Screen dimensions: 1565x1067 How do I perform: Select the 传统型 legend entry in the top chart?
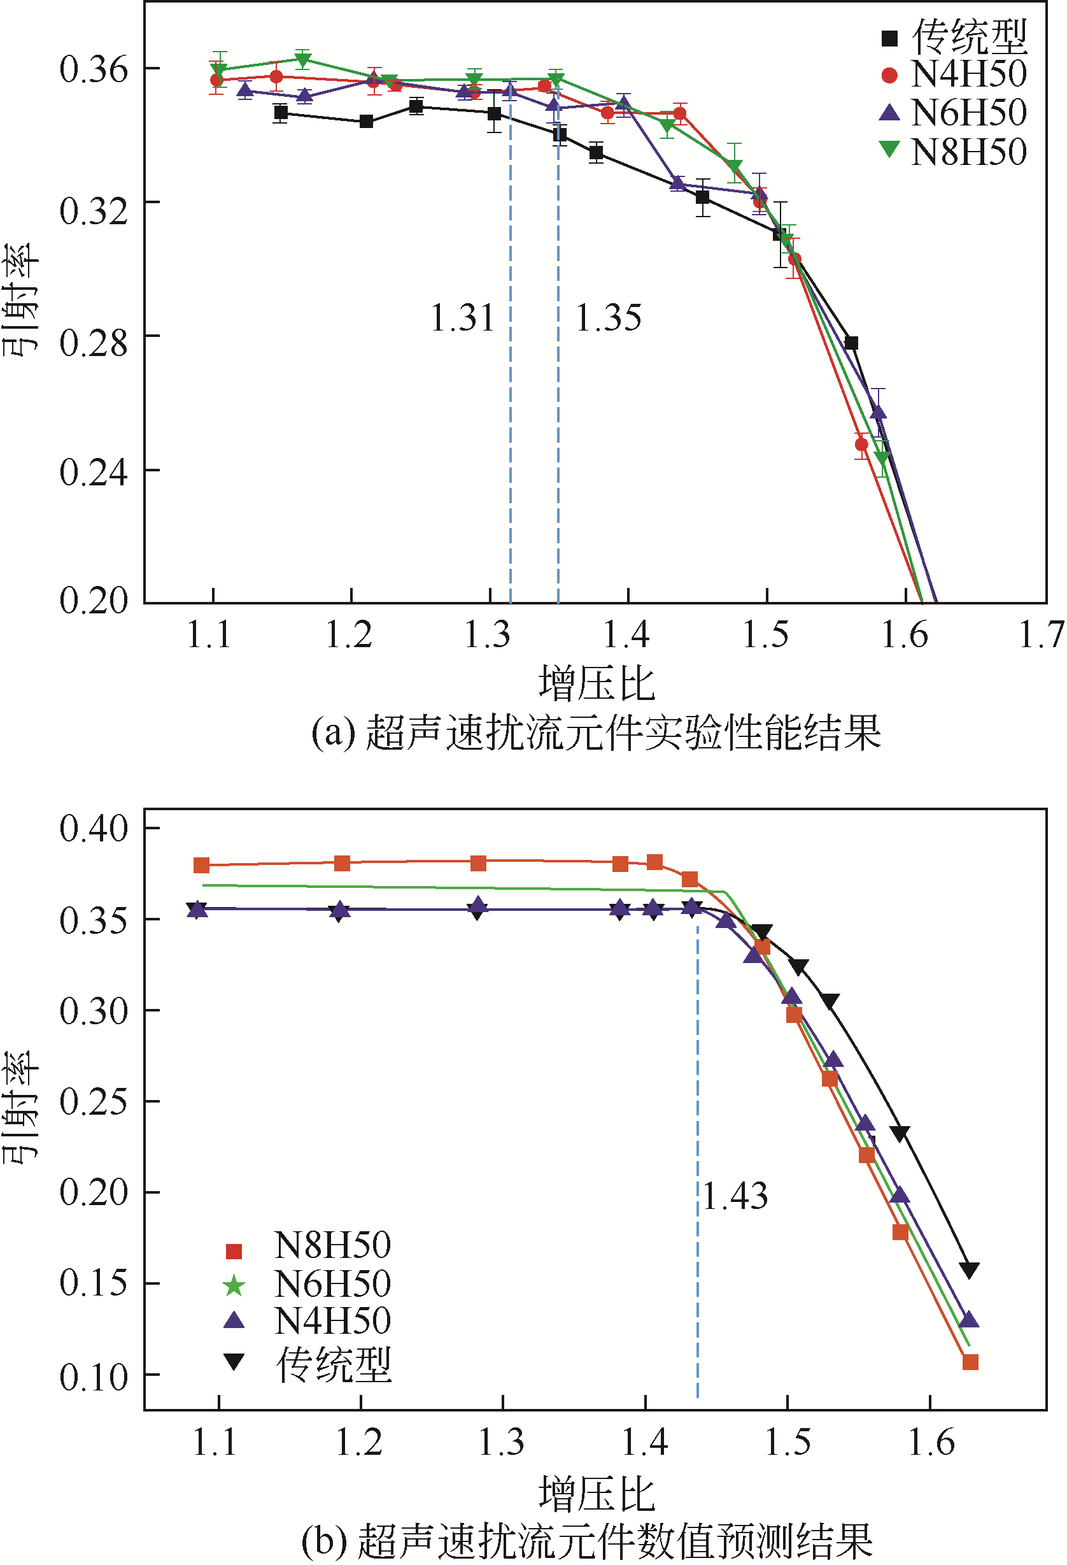pos(970,36)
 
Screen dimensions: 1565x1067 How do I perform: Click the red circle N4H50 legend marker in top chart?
pos(889,75)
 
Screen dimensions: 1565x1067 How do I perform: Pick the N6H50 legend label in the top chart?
pos(970,113)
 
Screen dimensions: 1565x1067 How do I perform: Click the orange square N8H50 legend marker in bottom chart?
pos(234,1251)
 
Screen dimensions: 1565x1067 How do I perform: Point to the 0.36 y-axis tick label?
pos(94,69)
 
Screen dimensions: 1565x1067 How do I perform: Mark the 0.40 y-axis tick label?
pos(94,828)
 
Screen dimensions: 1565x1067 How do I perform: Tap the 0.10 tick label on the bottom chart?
pos(94,1376)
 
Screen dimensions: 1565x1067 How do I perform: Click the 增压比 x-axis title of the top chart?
pos(597,683)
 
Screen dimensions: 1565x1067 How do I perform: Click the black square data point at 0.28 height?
pos(851,343)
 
